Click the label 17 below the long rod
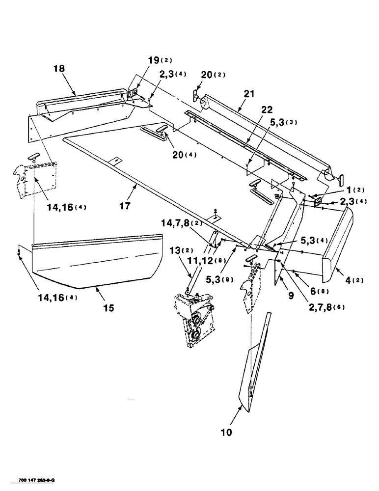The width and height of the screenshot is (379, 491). click(125, 206)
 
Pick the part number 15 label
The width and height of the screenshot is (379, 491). click(108, 308)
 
